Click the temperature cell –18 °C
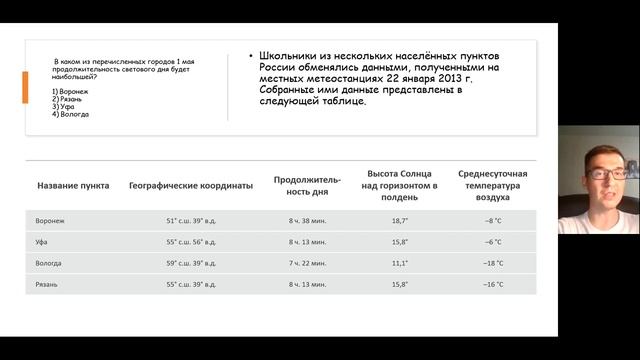coord(493,263)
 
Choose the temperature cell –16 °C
coord(493,285)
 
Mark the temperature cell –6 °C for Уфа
coord(493,242)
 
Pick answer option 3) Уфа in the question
coord(67,107)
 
